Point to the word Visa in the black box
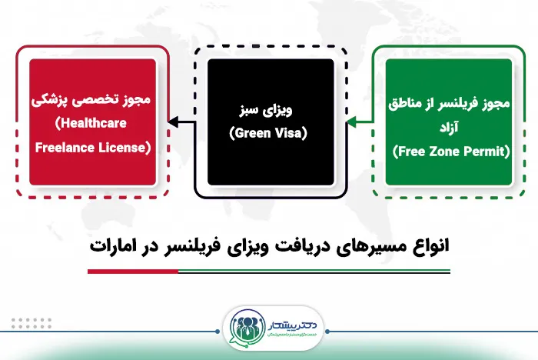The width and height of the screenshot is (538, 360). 290,133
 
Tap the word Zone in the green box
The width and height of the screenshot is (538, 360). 443,152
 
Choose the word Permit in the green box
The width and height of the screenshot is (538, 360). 485,152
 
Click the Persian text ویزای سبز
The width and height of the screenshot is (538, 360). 270,110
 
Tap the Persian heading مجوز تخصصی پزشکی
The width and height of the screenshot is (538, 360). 90,102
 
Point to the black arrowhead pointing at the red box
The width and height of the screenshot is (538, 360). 171,120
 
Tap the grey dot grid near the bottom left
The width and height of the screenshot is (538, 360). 31,322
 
